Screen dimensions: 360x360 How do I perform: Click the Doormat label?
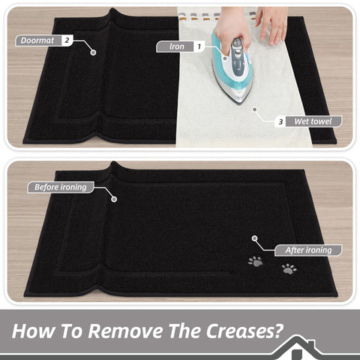37,40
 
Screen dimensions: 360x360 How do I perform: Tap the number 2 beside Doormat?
67,40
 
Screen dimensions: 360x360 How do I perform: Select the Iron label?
177,46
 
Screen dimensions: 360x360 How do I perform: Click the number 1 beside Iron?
199,46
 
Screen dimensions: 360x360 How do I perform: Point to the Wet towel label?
313,121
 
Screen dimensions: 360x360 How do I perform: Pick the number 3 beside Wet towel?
280,121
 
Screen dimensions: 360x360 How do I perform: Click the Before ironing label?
61,187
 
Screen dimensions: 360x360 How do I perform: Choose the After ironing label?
308,250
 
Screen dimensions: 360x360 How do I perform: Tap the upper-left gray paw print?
255,261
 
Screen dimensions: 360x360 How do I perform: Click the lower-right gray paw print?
289,269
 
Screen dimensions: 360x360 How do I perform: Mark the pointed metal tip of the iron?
240,103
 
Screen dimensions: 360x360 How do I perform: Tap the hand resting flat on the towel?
272,24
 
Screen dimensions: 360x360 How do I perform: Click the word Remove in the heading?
126,331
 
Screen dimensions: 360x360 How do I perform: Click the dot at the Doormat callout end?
93,52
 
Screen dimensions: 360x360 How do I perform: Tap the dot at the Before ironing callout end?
114,199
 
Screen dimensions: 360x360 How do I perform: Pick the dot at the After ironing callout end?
254,238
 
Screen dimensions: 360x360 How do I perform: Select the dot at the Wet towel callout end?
255,109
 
